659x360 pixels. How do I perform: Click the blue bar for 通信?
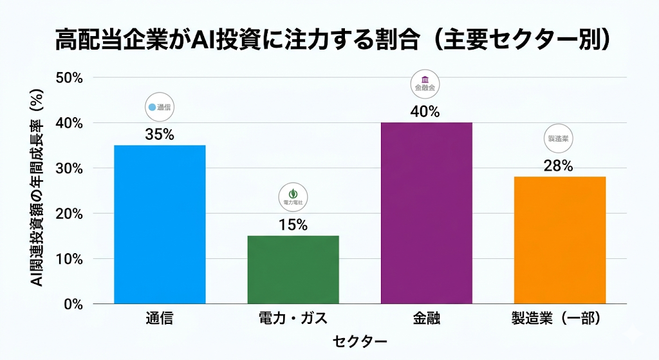pyautogui.click(x=160, y=224)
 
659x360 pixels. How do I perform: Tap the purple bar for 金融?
pyautogui.click(x=426, y=213)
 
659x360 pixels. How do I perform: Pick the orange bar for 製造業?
pyautogui.click(x=560, y=240)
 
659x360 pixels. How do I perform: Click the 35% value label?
pyautogui.click(x=160, y=135)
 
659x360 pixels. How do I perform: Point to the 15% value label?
pyautogui.click(x=293, y=225)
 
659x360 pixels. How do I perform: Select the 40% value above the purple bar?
pyautogui.click(x=426, y=111)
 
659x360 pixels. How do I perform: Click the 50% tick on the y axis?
pyautogui.click(x=70, y=78)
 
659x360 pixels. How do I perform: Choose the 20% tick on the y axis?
pyautogui.click(x=70, y=214)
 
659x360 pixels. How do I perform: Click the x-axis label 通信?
pyautogui.click(x=160, y=319)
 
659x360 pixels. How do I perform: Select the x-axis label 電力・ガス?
pyautogui.click(x=293, y=319)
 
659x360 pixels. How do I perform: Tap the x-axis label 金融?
pyautogui.click(x=426, y=319)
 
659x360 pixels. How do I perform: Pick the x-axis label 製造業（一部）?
pyautogui.click(x=560, y=319)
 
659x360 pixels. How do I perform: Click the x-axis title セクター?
pyautogui.click(x=360, y=341)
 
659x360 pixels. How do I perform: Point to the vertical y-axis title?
pyautogui.click(x=37, y=190)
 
